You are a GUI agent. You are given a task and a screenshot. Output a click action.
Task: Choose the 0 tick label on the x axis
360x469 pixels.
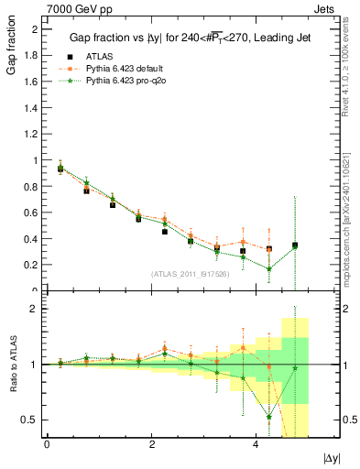point(47,443)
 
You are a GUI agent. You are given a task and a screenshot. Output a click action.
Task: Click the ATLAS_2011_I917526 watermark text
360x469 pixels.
point(191,274)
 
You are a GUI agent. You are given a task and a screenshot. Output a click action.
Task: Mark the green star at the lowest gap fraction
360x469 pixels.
point(269,268)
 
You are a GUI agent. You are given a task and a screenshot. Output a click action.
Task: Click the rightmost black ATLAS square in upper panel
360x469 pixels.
point(295,245)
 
